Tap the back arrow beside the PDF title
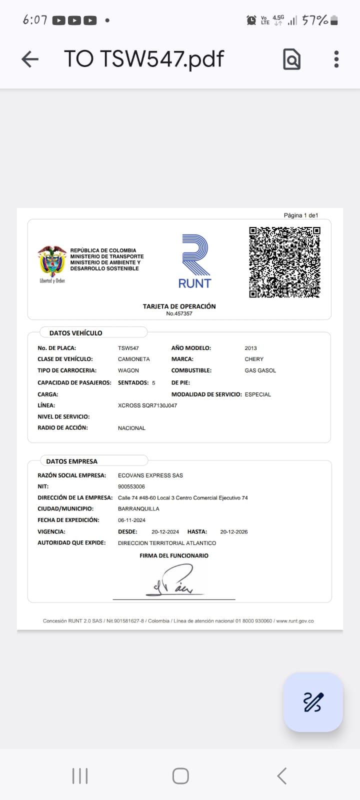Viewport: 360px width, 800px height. click(x=30, y=59)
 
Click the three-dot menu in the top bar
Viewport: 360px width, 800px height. click(x=336, y=59)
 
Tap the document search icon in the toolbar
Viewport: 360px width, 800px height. click(x=291, y=59)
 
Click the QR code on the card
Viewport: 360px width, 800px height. click(x=284, y=262)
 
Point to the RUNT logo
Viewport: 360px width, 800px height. click(x=195, y=261)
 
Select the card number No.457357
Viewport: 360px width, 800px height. click(x=179, y=314)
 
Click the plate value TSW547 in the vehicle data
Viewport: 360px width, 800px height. click(x=128, y=348)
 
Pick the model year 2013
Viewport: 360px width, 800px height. click(x=250, y=348)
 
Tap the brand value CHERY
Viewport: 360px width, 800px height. click(x=254, y=359)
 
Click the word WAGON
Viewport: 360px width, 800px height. click(x=128, y=370)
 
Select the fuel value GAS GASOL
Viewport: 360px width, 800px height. click(x=260, y=370)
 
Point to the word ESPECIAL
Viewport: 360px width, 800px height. click(x=257, y=394)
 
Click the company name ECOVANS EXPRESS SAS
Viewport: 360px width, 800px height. click(x=150, y=475)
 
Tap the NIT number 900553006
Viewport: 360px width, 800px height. click(x=131, y=486)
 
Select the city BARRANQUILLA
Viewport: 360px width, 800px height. click(x=138, y=509)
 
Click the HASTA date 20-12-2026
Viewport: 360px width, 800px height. click(x=234, y=532)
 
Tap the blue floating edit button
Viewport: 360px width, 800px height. click(x=313, y=702)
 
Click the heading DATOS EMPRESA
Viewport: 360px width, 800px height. click(x=72, y=461)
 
